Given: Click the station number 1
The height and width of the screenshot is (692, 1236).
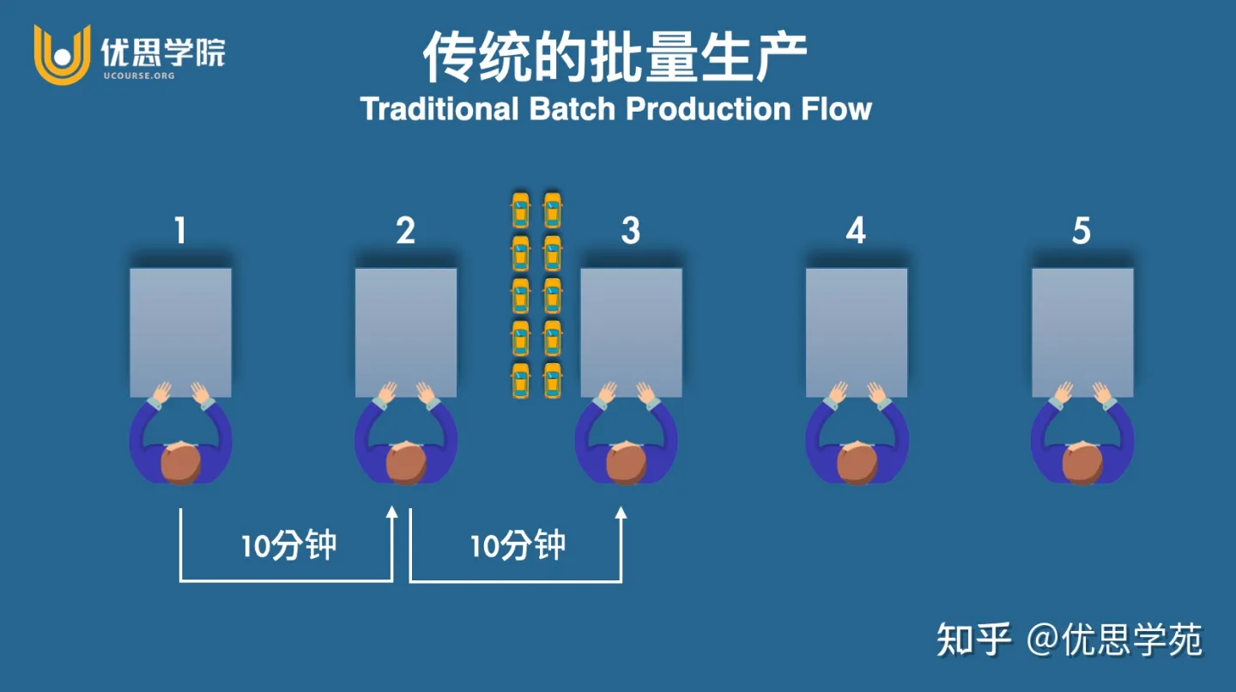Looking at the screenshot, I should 180,231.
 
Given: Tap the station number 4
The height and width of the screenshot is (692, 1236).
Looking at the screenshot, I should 856,231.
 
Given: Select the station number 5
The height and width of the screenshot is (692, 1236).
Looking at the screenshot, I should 1081,231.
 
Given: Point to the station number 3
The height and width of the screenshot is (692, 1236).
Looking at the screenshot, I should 631,231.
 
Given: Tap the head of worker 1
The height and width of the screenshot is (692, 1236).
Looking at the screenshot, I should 180,464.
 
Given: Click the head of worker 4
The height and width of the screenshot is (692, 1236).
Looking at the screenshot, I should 857,464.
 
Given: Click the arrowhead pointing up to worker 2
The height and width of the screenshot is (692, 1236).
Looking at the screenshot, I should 392,513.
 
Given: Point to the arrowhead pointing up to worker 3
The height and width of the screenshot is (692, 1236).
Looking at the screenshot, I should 621,513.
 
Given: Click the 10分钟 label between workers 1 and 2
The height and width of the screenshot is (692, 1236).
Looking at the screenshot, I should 288,546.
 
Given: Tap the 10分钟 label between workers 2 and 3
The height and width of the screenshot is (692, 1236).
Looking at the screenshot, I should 518,546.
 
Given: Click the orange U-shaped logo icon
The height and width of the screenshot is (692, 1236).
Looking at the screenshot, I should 62,54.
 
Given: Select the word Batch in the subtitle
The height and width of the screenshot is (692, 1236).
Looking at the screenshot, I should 571,110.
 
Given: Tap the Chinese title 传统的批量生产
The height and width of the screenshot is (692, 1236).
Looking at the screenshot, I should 615,58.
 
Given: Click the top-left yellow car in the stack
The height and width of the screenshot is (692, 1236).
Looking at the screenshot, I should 521,210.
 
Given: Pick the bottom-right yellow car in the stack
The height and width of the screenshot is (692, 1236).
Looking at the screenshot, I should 553,380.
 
